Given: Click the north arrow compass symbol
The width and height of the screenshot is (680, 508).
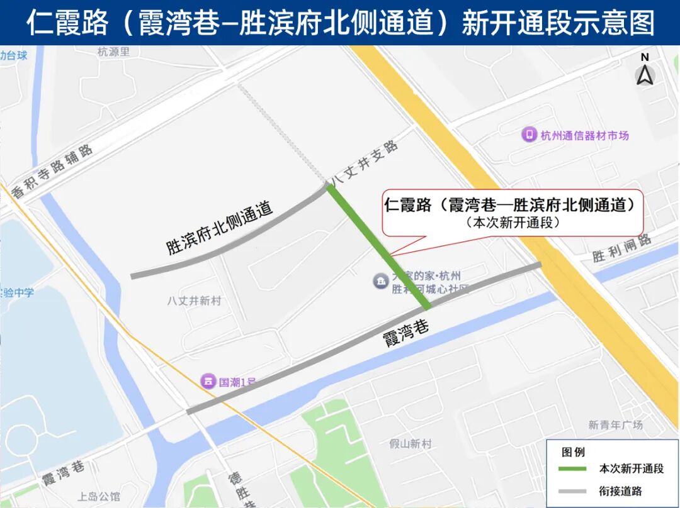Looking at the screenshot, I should tap(645, 70).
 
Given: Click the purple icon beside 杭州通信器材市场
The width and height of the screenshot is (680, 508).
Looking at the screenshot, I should tap(529, 135).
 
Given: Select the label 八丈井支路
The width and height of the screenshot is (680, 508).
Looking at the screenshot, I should tap(365, 163).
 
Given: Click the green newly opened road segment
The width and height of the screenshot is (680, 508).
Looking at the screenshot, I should tap(378, 246).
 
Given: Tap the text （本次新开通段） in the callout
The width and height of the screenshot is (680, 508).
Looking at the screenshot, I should tap(513, 223).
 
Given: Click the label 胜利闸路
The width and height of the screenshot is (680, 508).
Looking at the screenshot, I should tap(621, 249).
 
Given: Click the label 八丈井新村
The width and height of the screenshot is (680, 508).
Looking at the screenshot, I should tap(195, 301).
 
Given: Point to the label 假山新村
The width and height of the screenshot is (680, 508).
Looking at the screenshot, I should tap(411, 444).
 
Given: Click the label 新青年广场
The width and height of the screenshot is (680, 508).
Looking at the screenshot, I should tap(616, 425).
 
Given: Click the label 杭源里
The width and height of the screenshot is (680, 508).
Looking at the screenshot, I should tap(113, 52).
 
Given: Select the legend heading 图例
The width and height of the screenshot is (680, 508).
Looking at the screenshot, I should tap(573, 451).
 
